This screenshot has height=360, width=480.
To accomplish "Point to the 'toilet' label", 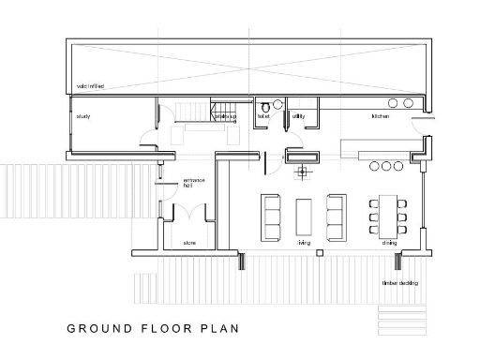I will coord(263,117).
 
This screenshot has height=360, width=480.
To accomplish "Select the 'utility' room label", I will coord(298,117).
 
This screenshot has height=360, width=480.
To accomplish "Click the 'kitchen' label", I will coord(380,117).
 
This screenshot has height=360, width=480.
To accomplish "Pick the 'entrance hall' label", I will coord(188,183).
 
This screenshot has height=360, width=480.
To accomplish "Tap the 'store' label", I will coord(188,243).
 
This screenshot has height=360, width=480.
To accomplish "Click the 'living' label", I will coord(305,243).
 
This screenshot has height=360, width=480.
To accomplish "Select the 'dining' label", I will coord(388,243).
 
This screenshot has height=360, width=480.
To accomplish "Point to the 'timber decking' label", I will coord(398,282).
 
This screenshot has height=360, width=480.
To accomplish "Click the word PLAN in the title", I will coord(221,329).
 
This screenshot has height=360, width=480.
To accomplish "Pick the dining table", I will coord(387,215).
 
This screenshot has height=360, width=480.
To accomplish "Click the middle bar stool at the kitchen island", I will coord(386,167).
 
